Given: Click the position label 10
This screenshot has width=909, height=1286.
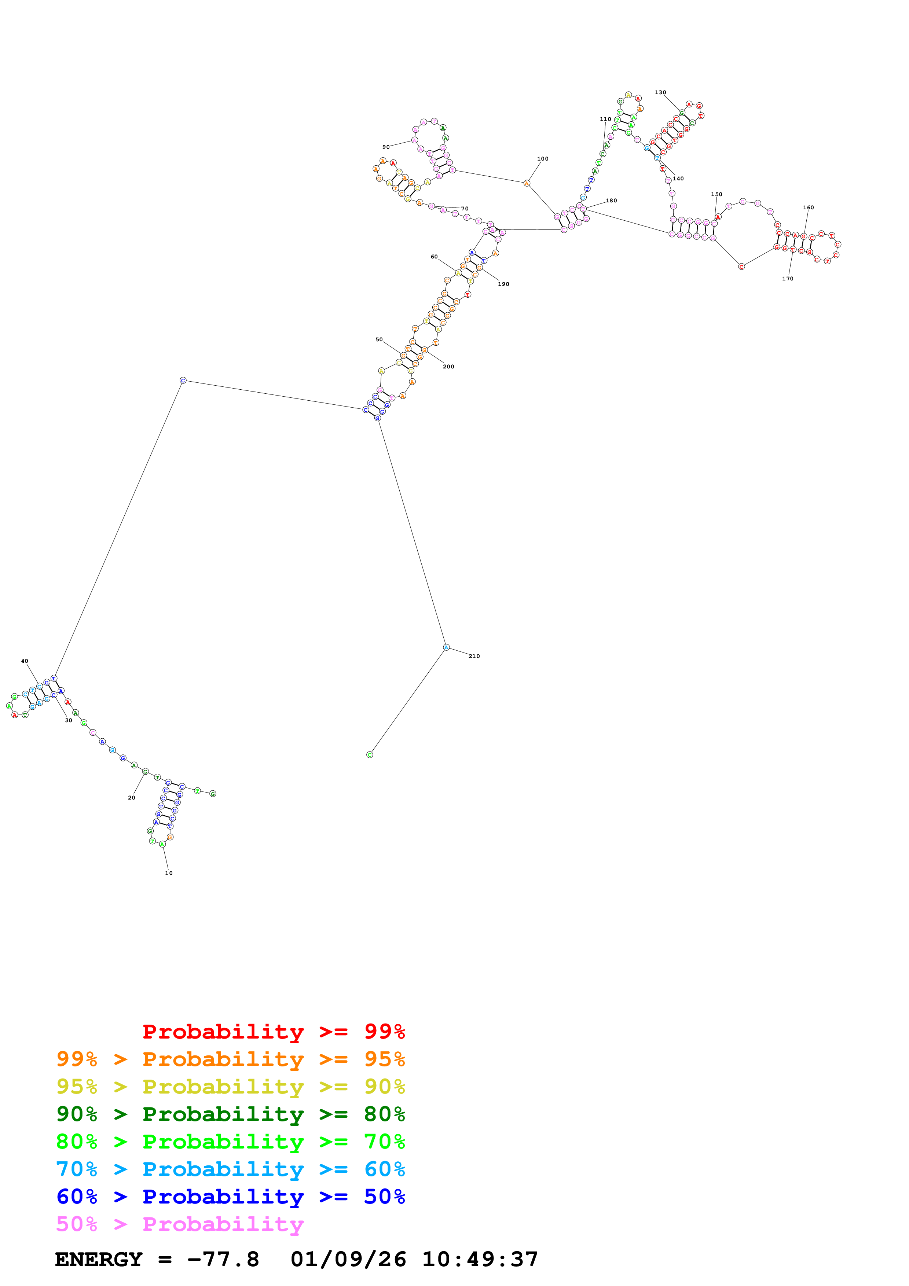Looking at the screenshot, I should coord(169,873).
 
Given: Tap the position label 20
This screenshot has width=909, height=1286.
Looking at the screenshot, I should coord(132,798).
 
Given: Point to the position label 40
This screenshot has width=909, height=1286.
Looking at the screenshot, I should coord(25,661).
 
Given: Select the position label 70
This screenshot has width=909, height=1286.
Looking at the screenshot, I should coord(465,208).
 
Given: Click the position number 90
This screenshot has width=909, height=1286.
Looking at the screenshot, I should coord(386,147).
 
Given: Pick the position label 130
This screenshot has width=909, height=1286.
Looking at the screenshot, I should coord(660,92).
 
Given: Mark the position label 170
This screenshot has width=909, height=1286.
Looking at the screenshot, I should coord(788,278).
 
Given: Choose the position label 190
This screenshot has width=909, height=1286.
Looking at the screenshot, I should coord(503,284).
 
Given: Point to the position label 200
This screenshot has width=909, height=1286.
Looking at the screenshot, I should coord(448,366).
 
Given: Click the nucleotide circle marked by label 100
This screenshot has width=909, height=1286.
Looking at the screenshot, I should coord(527,183).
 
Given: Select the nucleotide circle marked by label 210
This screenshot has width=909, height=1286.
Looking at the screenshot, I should coord(446,647).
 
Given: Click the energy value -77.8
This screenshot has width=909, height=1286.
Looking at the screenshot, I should coord(223,1259).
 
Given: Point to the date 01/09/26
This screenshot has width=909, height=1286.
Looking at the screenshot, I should coord(348,1259).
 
